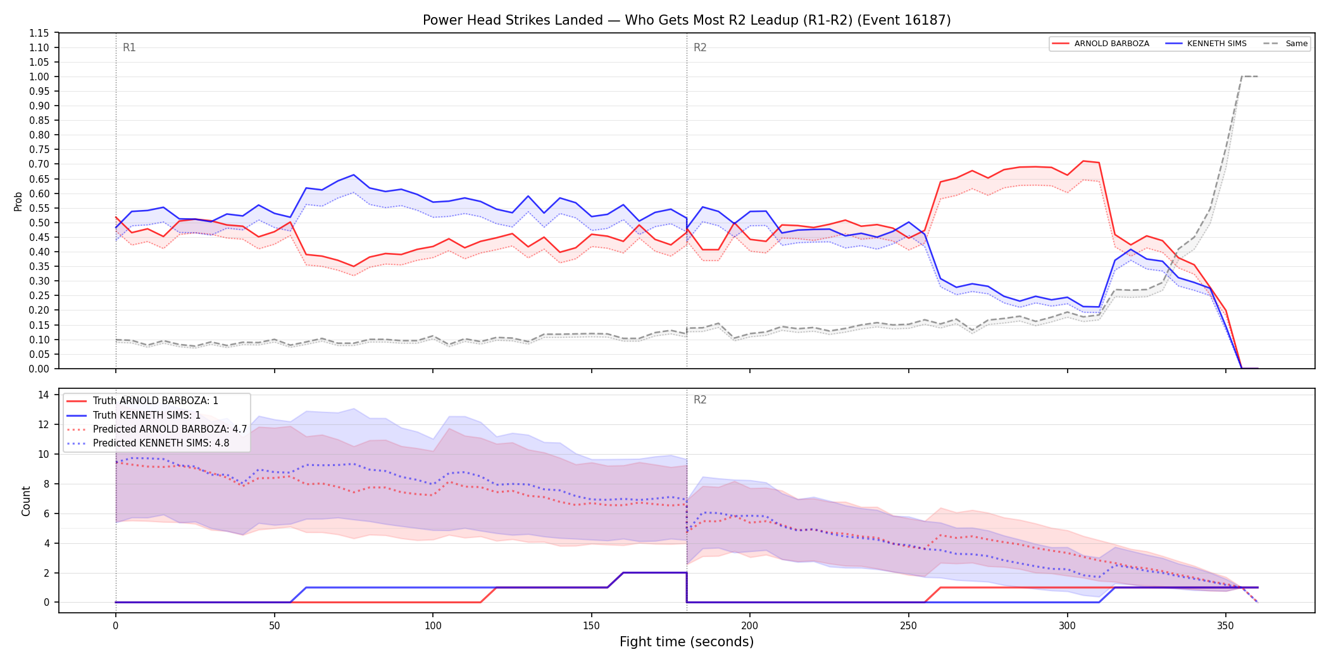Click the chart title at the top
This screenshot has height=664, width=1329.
pyautogui.click(x=687, y=20)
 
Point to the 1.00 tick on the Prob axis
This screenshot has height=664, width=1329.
pyautogui.click(x=39, y=77)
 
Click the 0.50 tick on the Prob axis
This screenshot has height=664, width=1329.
pyautogui.click(x=39, y=223)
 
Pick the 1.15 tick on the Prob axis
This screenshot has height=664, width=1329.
pyautogui.click(x=39, y=33)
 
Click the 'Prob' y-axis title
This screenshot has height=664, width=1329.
pyautogui.click(x=18, y=201)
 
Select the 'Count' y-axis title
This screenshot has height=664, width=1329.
pyautogui.click(x=26, y=501)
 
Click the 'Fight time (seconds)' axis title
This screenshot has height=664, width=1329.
pyautogui.click(x=687, y=642)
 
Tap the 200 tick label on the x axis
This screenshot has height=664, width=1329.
pyautogui.click(x=750, y=626)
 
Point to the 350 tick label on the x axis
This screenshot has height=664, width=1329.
pyautogui.click(x=1226, y=626)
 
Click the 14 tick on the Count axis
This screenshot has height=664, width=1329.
pyautogui.click(x=44, y=395)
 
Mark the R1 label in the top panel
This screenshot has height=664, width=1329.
pyautogui.click(x=129, y=47)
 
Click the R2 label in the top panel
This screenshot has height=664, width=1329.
pyautogui.click(x=700, y=47)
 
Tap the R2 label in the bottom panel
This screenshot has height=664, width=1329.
pyautogui.click(x=700, y=400)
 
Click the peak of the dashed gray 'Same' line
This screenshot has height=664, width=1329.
pyautogui.click(x=1242, y=77)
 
